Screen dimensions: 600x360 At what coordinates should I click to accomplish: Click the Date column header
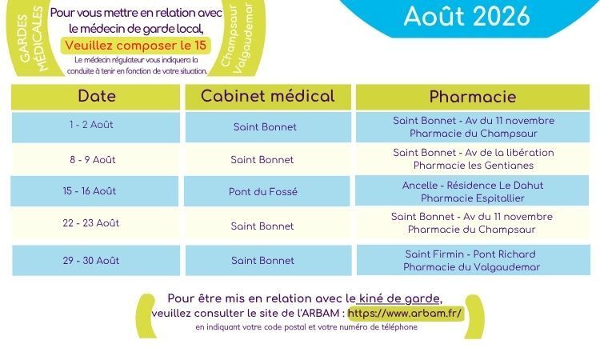[97, 96]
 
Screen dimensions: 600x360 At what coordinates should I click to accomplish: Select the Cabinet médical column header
[268, 96]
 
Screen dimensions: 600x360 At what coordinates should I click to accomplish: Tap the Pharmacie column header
[473, 97]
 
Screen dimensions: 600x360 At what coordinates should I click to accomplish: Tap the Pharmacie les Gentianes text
[474, 166]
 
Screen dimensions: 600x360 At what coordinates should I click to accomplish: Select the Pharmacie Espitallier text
[473, 198]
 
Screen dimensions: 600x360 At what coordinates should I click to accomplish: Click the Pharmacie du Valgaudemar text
[472, 267]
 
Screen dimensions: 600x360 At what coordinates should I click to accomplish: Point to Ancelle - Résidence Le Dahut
[473, 185]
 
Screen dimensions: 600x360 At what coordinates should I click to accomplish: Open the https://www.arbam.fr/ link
[406, 313]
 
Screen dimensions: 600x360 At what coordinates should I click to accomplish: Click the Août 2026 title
[467, 16]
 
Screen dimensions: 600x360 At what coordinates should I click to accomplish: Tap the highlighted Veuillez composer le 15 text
[136, 46]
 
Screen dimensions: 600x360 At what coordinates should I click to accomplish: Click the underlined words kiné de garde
[399, 298]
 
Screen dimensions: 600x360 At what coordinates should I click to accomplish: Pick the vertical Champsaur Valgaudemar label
[238, 38]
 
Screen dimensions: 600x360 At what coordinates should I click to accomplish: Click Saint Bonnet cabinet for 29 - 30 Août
[263, 261]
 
